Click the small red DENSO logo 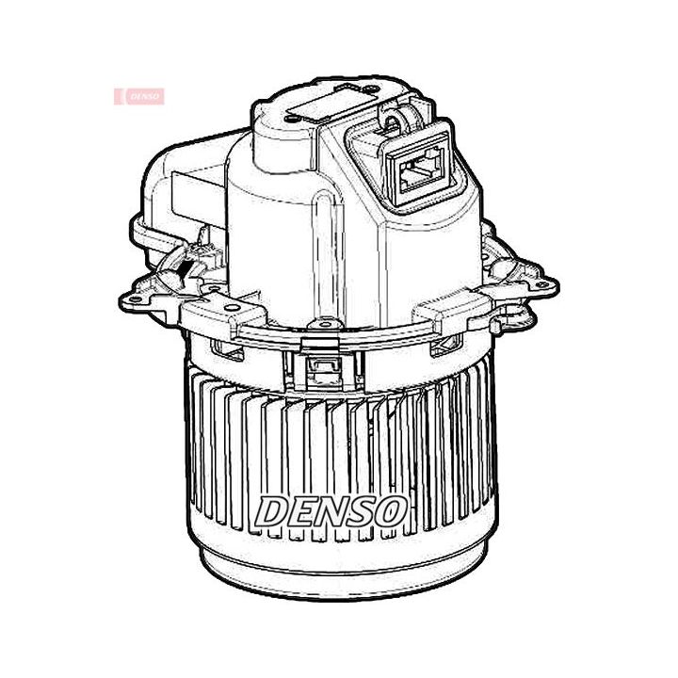[x=139, y=96]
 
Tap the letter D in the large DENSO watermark [x=275, y=511]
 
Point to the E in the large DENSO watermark [x=304, y=511]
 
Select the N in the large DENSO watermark [x=335, y=511]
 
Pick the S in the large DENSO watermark [x=363, y=511]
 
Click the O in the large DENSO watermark [x=391, y=511]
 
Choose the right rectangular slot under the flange [x=442, y=347]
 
